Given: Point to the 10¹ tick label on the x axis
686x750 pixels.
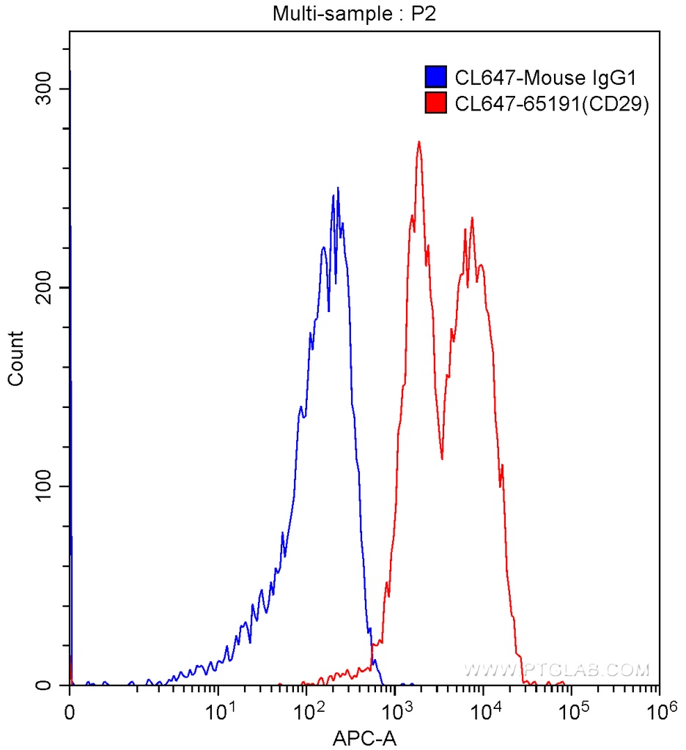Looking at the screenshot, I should [221, 710].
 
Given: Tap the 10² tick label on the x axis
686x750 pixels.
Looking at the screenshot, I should [310, 710].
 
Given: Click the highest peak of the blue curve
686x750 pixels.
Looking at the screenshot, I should [338, 188].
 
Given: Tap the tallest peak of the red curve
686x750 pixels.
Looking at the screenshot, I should [418, 142].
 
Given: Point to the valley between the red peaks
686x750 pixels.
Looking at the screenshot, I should [442, 458].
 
